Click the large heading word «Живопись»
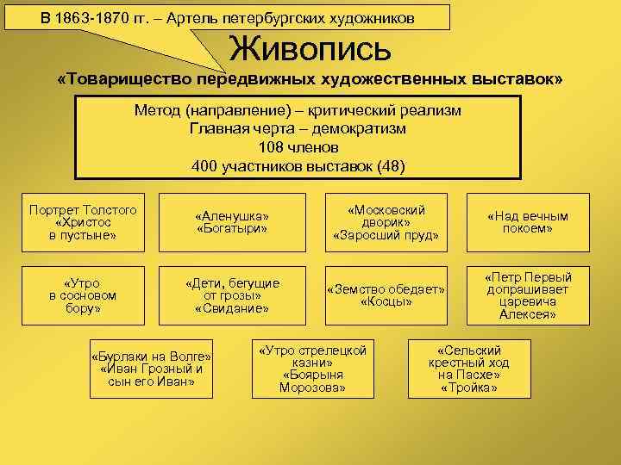pyautogui.click(x=310, y=49)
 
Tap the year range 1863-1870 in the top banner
pyautogui.click(x=92, y=18)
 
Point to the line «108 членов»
pyautogui.click(x=298, y=147)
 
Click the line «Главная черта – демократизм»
pyautogui.click(x=298, y=129)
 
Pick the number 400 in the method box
pyautogui.click(x=204, y=165)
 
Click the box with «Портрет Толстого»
pyautogui.click(x=83, y=222)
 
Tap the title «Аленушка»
pyautogui.click(x=233, y=216)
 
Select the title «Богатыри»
pyautogui.click(x=233, y=229)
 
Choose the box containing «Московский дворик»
pyautogui.click(x=386, y=222)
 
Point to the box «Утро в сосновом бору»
pyautogui.click(x=83, y=294)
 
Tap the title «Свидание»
pyautogui.click(x=233, y=307)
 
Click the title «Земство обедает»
pyautogui.click(x=386, y=288)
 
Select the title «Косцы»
pyautogui.click(x=386, y=301)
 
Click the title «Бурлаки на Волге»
pyautogui.click(x=151, y=356)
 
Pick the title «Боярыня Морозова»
pyautogui.click(x=312, y=381)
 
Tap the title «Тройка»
pyautogui.click(x=468, y=387)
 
